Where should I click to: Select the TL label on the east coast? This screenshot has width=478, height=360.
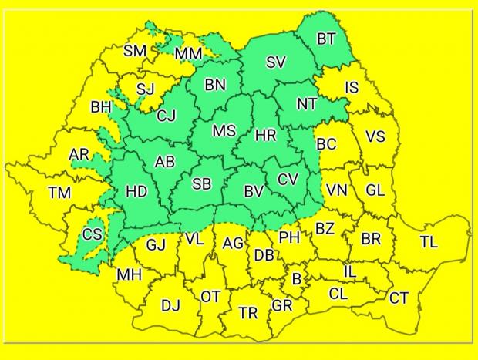click(x=429, y=242)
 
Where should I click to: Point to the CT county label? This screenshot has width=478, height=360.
click(x=399, y=298)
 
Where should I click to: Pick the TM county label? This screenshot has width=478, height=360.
click(x=59, y=193)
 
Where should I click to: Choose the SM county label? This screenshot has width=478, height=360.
click(x=136, y=52)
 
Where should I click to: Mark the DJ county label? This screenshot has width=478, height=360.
click(x=170, y=306)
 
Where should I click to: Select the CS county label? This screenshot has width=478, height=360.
click(x=92, y=234)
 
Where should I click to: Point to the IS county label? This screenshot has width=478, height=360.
click(x=351, y=88)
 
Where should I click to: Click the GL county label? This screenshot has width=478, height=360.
click(x=375, y=190)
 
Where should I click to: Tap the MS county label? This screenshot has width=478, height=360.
click(x=224, y=131)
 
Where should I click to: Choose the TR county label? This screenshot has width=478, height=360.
click(x=248, y=313)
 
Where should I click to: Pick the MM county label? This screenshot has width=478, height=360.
click(x=189, y=53)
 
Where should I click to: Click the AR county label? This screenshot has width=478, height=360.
click(x=79, y=155)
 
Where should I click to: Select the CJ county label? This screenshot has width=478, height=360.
click(x=166, y=116)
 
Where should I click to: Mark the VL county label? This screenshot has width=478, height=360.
click(x=194, y=239)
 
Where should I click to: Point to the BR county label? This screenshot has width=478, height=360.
click(x=371, y=239)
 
